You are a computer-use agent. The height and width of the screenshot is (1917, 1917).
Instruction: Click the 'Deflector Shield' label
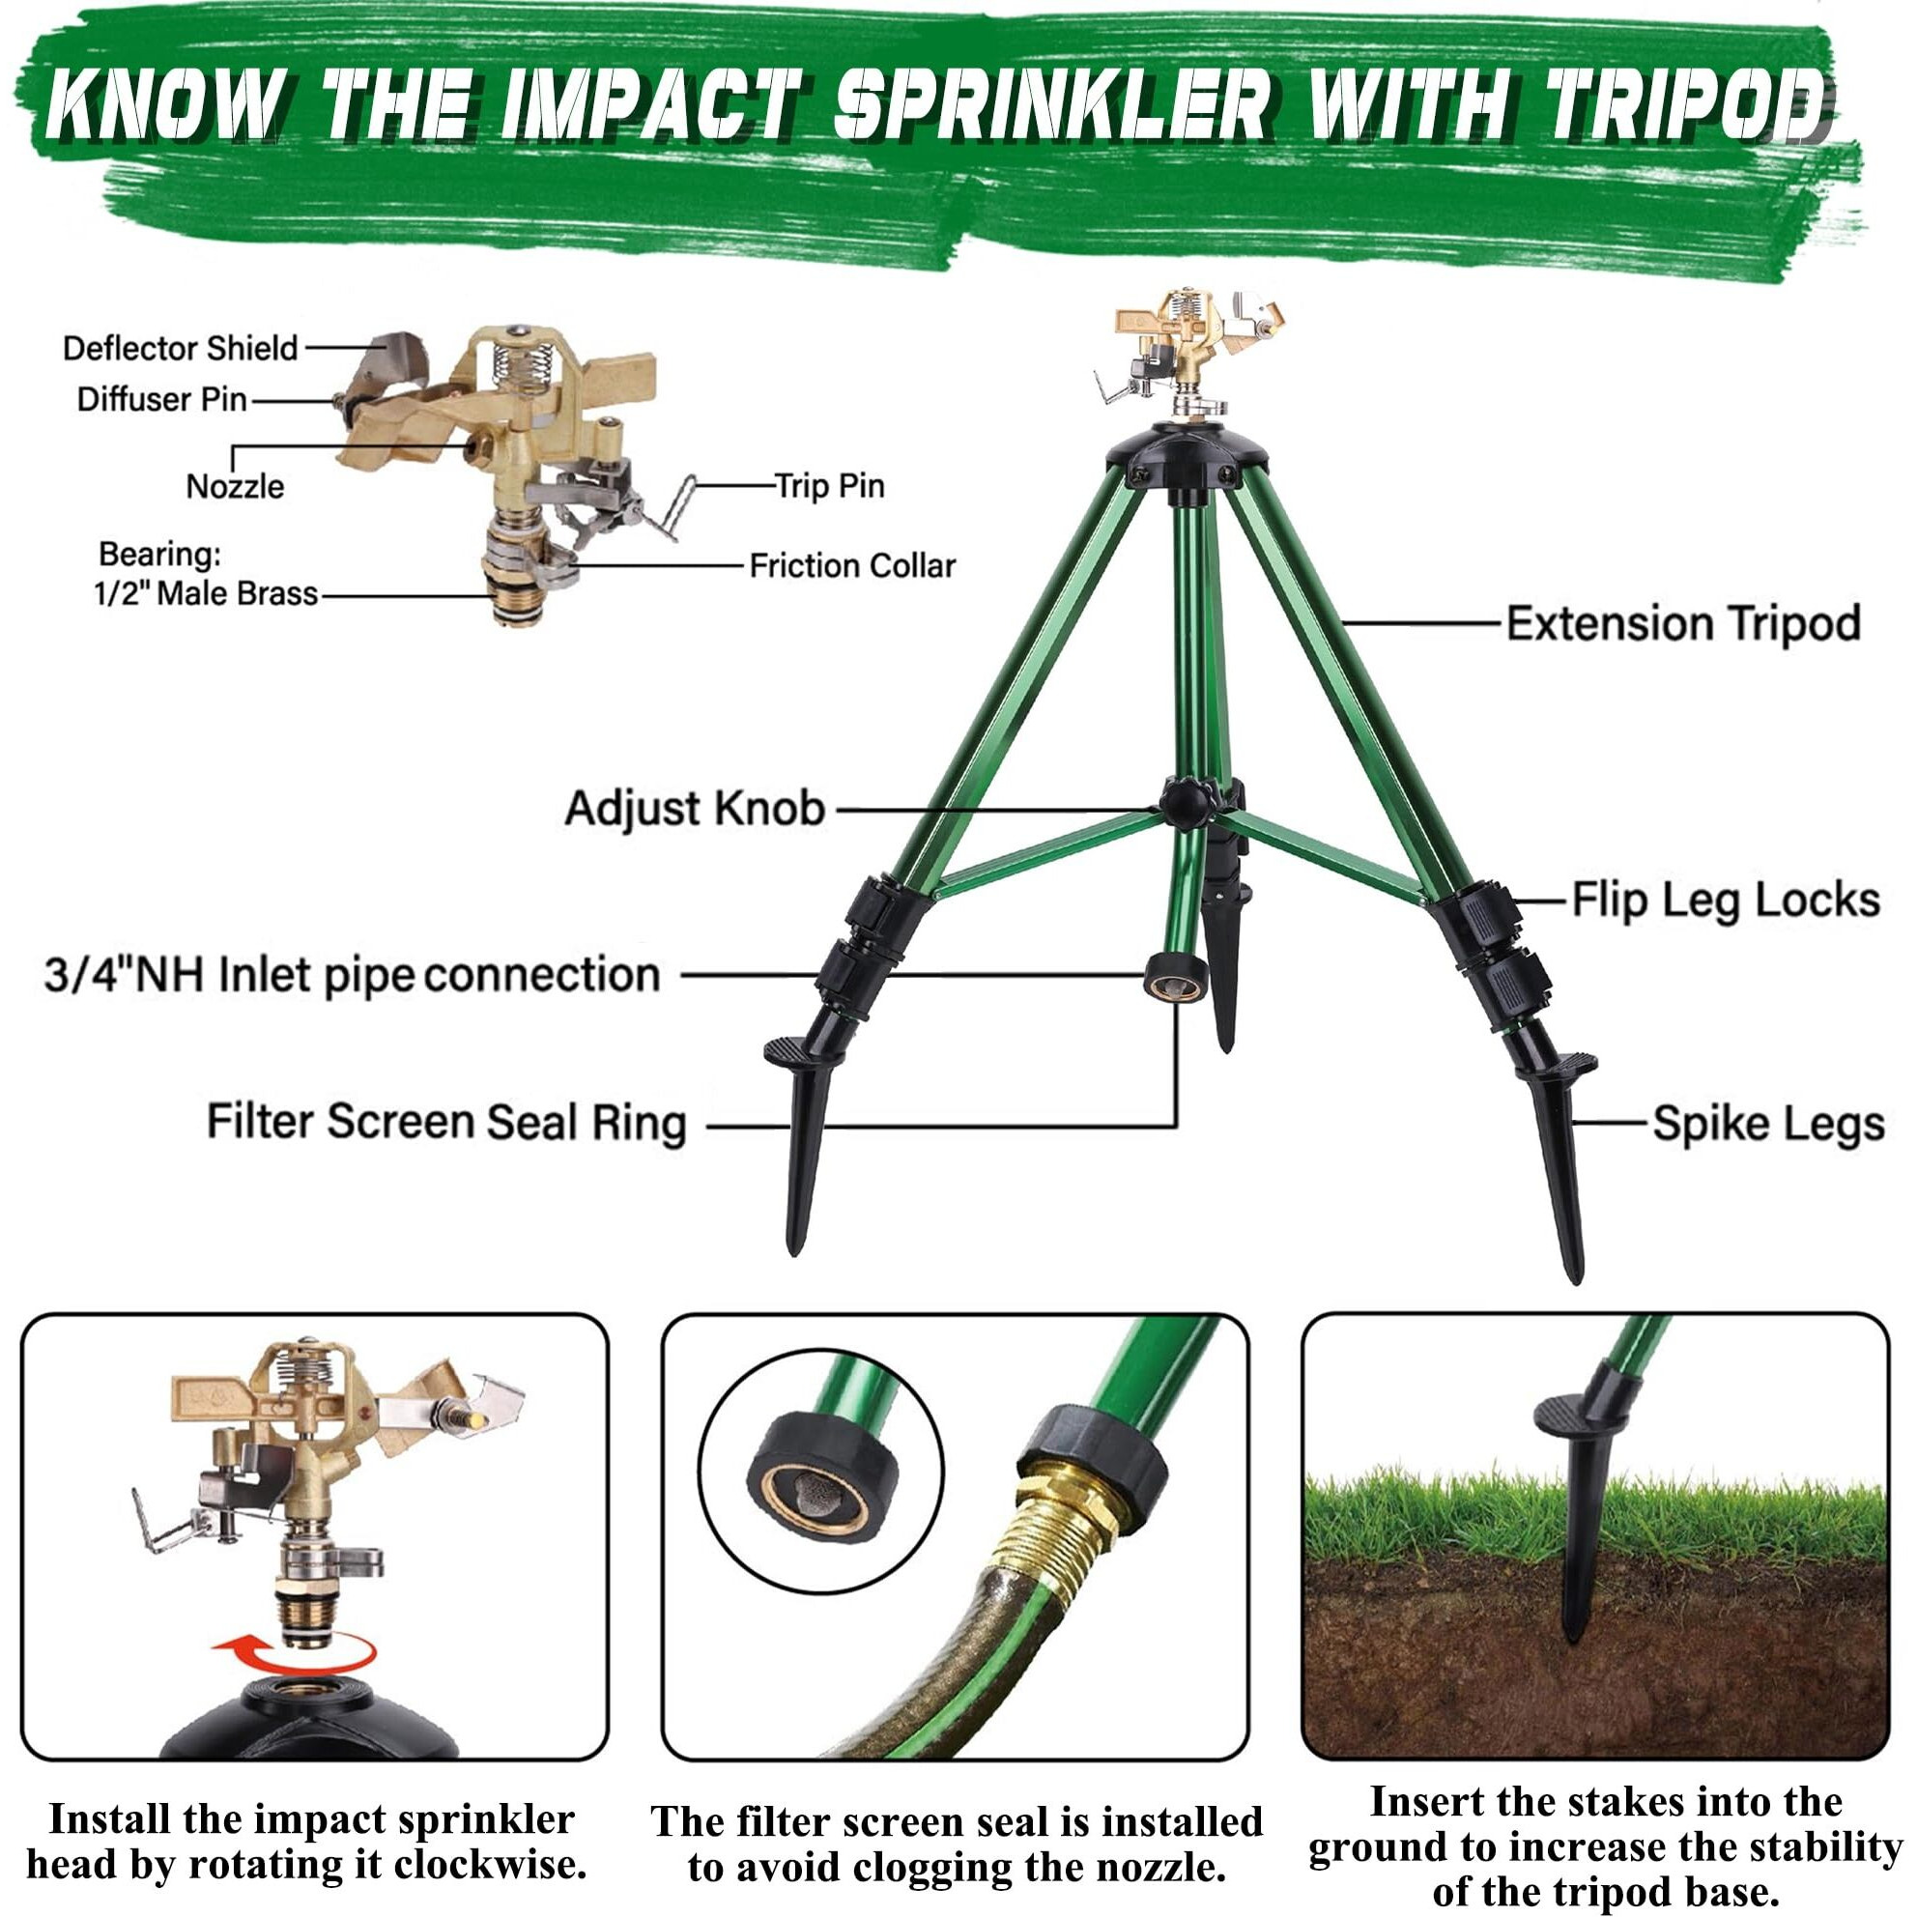click(180, 348)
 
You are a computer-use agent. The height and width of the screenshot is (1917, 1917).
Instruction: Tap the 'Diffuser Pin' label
click(161, 400)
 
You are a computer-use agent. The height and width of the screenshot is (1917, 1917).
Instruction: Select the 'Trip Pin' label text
click(830, 486)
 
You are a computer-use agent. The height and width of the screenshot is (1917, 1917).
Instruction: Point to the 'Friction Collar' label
click(851, 566)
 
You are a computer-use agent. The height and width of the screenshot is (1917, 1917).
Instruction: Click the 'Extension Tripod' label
click(1683, 624)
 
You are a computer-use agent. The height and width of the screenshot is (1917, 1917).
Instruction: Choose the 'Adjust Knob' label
click(695, 809)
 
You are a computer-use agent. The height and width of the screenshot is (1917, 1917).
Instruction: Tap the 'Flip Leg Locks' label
click(1726, 901)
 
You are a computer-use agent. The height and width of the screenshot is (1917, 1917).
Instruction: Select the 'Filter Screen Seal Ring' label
click(446, 1123)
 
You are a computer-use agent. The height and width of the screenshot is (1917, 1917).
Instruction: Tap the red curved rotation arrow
click(295, 1656)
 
